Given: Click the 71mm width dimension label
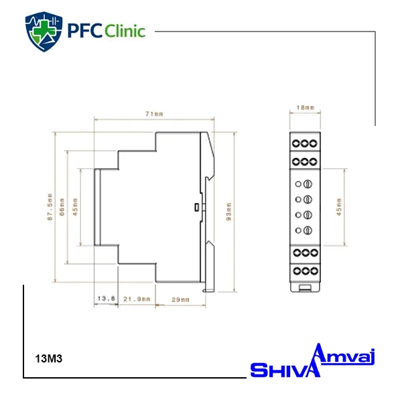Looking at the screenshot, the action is click(154, 114).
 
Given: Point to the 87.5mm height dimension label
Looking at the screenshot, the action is click(50, 206).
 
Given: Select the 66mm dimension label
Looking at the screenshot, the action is click(62, 207).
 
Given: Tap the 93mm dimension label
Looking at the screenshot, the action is click(228, 212).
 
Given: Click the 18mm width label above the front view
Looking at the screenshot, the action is click(306, 107).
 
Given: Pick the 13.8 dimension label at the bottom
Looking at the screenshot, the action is click(106, 298).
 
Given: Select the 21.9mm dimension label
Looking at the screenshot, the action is click(137, 299).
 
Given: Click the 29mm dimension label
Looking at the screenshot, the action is click(180, 299).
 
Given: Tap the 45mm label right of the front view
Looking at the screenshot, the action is click(339, 207).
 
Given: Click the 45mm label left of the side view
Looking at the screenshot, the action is click(75, 207).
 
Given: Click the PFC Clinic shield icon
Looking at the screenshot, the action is click(44, 31).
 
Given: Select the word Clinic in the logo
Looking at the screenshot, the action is click(125, 31).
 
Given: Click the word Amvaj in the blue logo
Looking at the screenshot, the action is click(344, 354).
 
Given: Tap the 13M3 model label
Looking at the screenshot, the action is click(49, 358).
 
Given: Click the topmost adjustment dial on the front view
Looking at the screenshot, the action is click(308, 184).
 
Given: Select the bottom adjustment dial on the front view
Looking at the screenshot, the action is click(308, 230).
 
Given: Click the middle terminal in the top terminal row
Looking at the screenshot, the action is click(305, 143).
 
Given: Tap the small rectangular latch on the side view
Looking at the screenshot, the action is click(196, 207).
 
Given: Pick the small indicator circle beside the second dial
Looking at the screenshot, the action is click(298, 200).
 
